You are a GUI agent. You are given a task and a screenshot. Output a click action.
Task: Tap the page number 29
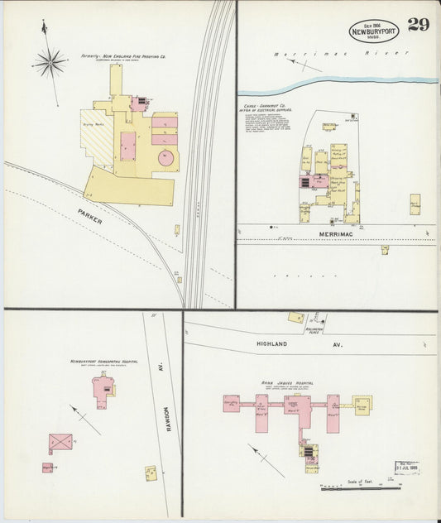[419, 24]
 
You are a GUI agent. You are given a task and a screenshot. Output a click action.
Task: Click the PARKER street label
[90, 217]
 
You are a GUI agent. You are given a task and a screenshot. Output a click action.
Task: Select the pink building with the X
[60, 443]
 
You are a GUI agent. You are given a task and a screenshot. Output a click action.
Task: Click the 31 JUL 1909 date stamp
[407, 468]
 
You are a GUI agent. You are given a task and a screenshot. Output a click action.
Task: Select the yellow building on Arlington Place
[295, 317]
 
